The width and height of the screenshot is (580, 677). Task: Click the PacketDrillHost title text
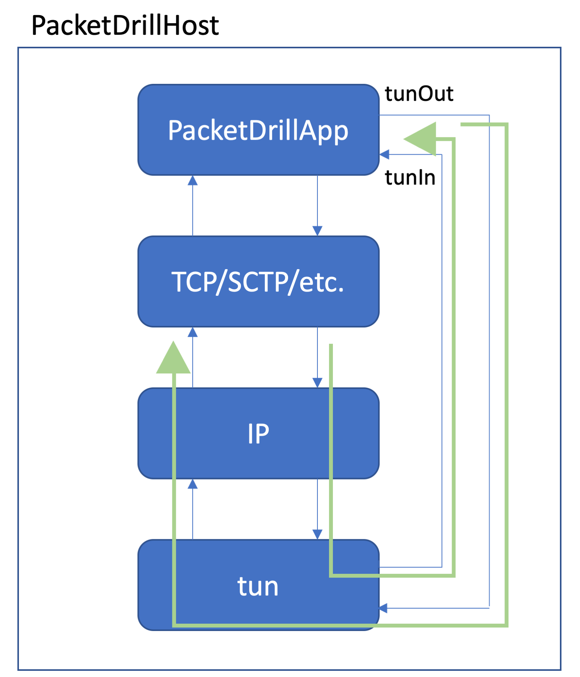tap(125, 26)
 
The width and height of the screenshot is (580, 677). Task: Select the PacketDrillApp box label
tap(258, 131)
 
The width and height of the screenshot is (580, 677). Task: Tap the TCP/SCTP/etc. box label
tap(258, 282)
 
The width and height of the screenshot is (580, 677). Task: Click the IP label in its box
tap(258, 433)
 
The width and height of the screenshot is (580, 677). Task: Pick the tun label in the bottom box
tap(258, 586)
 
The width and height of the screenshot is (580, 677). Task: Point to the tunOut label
tap(419, 94)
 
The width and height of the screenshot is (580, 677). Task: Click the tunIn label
tap(410, 178)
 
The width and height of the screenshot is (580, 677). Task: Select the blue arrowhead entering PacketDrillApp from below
tap(193, 180)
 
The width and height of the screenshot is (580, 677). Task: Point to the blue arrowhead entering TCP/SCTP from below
tap(193, 332)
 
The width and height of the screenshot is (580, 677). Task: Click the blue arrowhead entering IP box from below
tap(193, 484)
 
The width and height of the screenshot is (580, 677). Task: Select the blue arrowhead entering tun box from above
tap(317, 535)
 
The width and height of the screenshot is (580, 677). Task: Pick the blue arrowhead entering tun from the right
tap(384, 608)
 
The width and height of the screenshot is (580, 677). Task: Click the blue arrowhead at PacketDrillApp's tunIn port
tap(384, 155)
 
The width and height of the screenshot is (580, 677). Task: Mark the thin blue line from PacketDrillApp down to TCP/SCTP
tap(317, 201)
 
